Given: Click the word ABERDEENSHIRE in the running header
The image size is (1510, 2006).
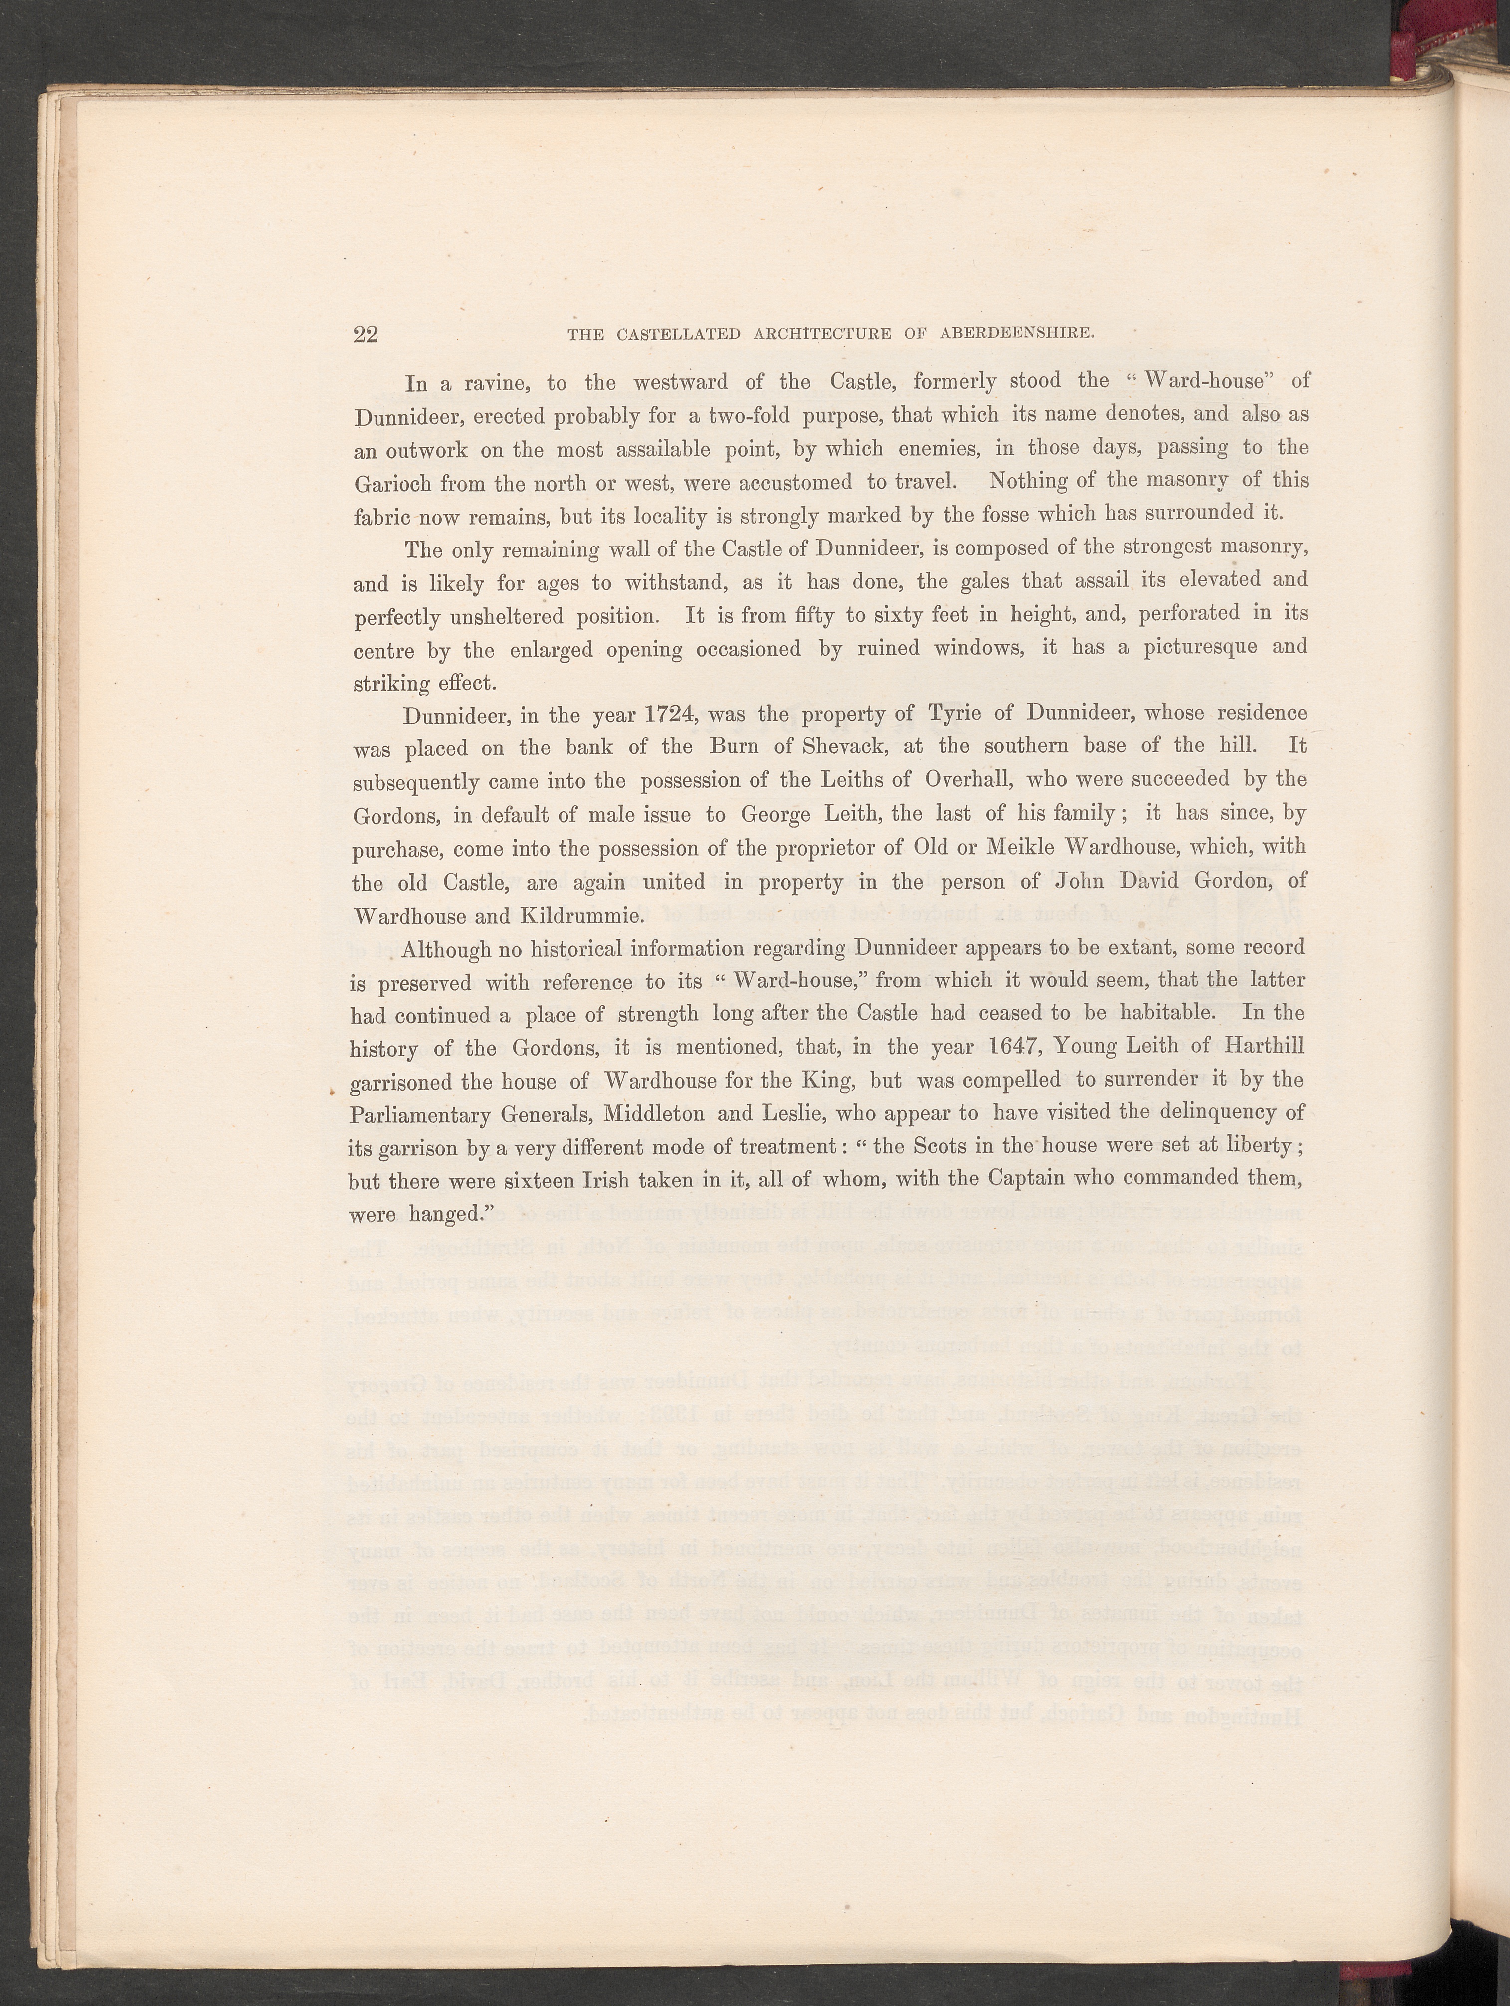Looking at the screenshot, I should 1017,333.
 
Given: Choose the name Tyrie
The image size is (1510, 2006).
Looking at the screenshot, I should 947,713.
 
